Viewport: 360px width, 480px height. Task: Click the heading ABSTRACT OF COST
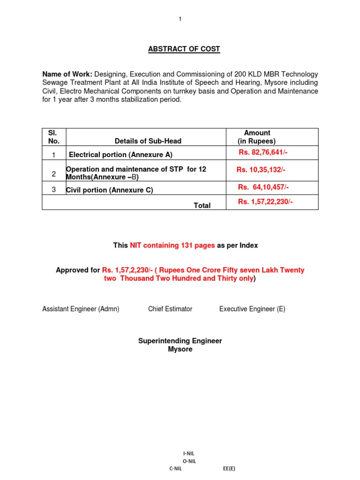(x=184, y=49)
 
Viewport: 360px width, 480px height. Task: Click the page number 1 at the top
(x=180, y=19)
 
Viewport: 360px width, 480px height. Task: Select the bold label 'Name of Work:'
(x=67, y=74)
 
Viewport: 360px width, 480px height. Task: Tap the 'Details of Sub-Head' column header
(x=148, y=141)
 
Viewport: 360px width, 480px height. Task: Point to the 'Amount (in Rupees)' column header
(x=257, y=137)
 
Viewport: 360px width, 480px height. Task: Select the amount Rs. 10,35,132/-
(x=261, y=170)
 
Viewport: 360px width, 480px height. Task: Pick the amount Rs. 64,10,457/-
(x=263, y=187)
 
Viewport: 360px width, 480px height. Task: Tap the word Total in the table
(x=202, y=205)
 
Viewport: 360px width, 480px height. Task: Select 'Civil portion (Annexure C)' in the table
(x=110, y=190)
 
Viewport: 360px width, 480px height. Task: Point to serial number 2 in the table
(x=54, y=174)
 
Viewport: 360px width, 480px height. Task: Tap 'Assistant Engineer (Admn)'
(x=81, y=309)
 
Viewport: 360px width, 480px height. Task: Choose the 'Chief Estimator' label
(x=170, y=309)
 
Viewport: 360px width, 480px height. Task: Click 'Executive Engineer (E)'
(x=252, y=309)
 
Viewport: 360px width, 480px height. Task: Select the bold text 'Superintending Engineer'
(x=180, y=341)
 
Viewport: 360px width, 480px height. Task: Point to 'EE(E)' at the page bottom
(x=229, y=468)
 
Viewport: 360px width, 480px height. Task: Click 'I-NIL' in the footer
(x=188, y=454)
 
